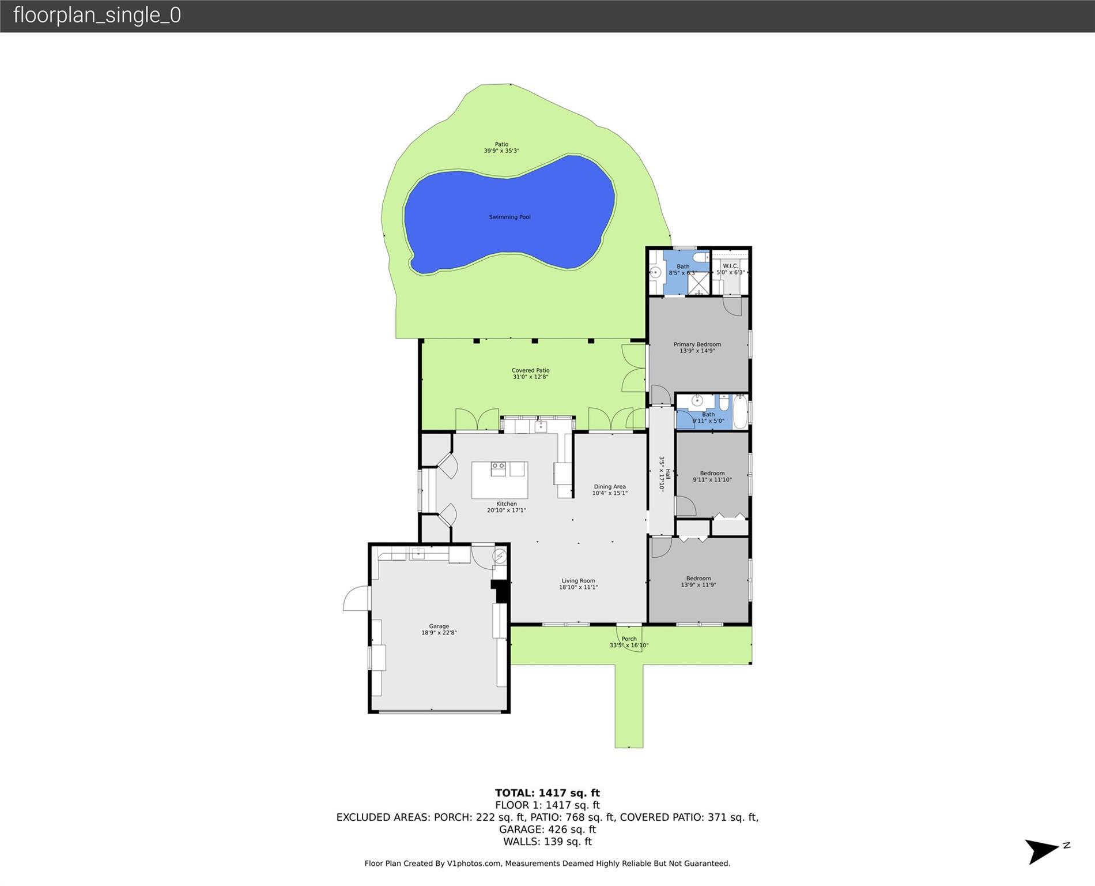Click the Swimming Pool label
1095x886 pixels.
pyautogui.click(x=509, y=217)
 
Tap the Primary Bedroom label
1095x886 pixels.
pyautogui.click(x=697, y=347)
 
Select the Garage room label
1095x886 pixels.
pyautogui.click(x=439, y=629)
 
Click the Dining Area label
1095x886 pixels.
pyautogui.click(x=610, y=490)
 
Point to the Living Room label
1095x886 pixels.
pyautogui.click(x=578, y=584)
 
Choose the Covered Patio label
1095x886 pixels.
pyautogui.click(x=530, y=373)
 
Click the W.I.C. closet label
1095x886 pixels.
pyautogui.click(x=730, y=269)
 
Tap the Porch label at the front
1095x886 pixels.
pyautogui.click(x=629, y=642)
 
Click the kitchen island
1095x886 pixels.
pyautogui.click(x=500, y=480)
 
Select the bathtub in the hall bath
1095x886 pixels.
pyautogui.click(x=741, y=411)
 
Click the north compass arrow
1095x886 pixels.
pyautogui.click(x=1042, y=851)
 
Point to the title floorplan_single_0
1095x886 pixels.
pyautogui.click(x=97, y=15)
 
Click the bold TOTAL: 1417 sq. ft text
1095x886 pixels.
pyautogui.click(x=547, y=793)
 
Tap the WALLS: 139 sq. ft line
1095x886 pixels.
pyautogui.click(x=547, y=842)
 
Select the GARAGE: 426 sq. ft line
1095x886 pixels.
pyautogui.click(x=547, y=829)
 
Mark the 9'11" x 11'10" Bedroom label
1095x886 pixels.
pyautogui.click(x=712, y=476)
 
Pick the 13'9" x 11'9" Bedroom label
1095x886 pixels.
pyautogui.click(x=698, y=581)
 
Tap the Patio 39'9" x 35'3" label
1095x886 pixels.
pyautogui.click(x=501, y=148)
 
